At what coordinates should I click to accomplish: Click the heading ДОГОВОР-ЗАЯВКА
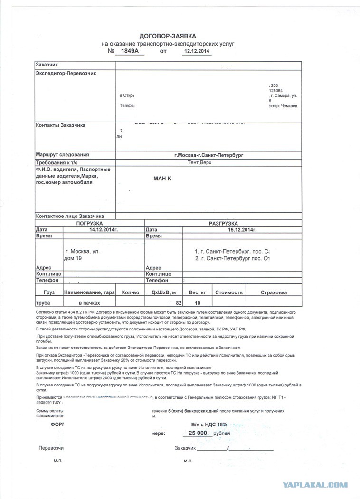(x=167, y=36)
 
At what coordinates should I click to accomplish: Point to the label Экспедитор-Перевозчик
(x=66, y=73)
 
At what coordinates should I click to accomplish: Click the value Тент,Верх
(x=200, y=162)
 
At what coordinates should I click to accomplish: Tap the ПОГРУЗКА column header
(x=90, y=223)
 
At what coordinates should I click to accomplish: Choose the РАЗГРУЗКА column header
(x=223, y=223)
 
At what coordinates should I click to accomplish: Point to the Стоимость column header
(x=229, y=292)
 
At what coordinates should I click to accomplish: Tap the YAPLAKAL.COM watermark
(x=315, y=485)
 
